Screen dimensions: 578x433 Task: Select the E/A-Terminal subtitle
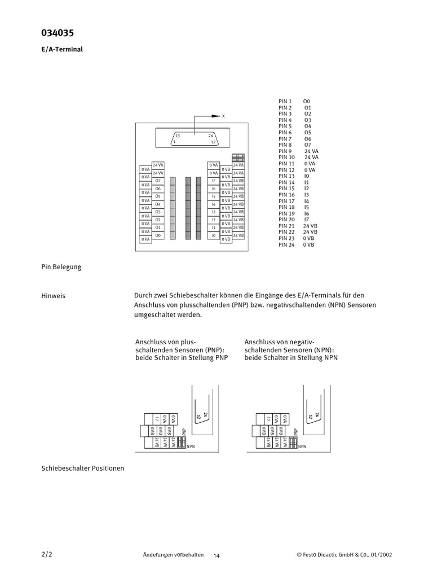pyautogui.click(x=62, y=49)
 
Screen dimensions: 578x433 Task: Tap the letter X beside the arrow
pyautogui.click(x=223, y=116)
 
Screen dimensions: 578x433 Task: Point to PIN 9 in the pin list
pyautogui.click(x=285, y=151)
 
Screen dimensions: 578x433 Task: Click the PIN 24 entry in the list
pyautogui.click(x=286, y=244)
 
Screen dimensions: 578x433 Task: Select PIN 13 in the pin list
pyautogui.click(x=286, y=176)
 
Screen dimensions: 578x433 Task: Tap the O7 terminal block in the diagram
pyautogui.click(x=158, y=181)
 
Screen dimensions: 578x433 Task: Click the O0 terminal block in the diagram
pyautogui.click(x=158, y=235)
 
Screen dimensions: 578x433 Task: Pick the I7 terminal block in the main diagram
pyautogui.click(x=214, y=181)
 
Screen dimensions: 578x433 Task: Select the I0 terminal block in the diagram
pyautogui.click(x=214, y=235)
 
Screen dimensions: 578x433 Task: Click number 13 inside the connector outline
pyautogui.click(x=177, y=136)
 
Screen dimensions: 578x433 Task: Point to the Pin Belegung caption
pyautogui.click(x=61, y=266)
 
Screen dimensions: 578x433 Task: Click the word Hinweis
pyautogui.click(x=54, y=296)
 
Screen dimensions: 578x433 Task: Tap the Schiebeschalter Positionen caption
pyautogui.click(x=83, y=468)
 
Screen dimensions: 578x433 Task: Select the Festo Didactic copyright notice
pyautogui.click(x=344, y=555)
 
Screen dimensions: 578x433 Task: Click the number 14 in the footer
pyautogui.click(x=216, y=555)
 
